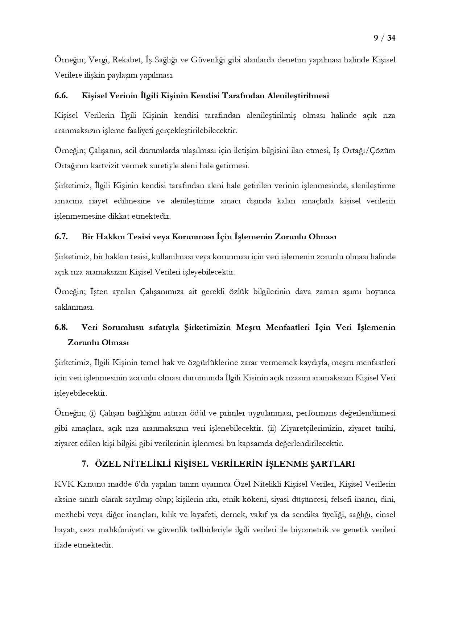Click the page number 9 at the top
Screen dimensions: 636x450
point(376,38)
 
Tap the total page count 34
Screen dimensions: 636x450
point(391,38)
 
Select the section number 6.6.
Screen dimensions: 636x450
point(61,96)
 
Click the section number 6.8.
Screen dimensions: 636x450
point(61,327)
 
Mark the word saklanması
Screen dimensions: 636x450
point(74,307)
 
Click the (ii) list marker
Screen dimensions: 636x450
point(272,428)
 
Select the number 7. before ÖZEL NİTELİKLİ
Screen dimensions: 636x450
point(85,464)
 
